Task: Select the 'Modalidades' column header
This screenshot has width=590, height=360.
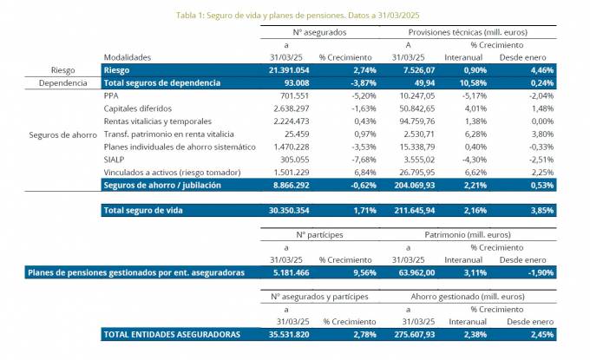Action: coord(126,56)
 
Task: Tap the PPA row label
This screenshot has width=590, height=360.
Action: coord(110,95)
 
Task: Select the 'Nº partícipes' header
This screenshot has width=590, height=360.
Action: coord(320,234)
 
